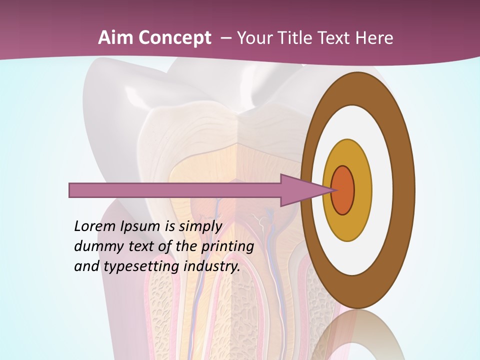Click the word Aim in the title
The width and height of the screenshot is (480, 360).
click(115, 38)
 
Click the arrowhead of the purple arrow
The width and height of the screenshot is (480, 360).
click(305, 190)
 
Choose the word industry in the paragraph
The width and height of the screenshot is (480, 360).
click(212, 266)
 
